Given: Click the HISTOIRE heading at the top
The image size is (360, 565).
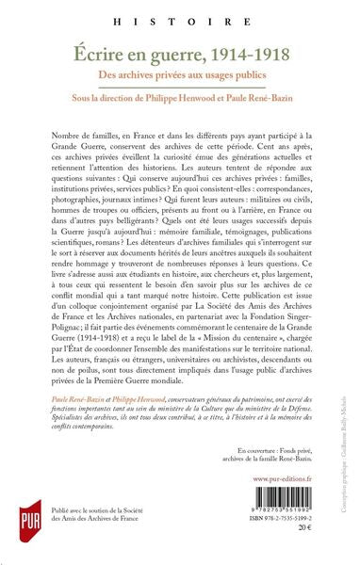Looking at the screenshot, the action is pyautogui.click(x=179, y=19).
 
